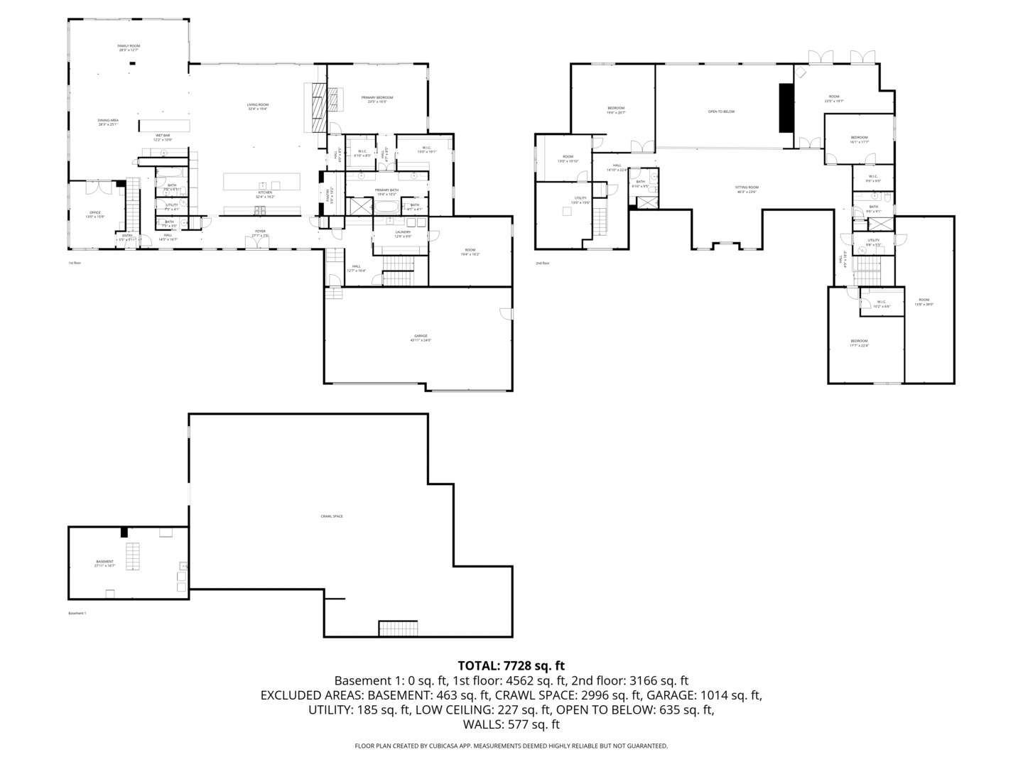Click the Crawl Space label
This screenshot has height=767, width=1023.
point(332,516)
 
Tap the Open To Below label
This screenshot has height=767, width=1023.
point(721,111)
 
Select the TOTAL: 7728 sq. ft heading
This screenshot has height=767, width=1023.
point(511,665)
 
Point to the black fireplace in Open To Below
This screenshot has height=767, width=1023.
point(786,107)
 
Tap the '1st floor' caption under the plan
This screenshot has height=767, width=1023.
point(75,263)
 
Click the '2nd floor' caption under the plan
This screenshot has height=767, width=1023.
point(543,263)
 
